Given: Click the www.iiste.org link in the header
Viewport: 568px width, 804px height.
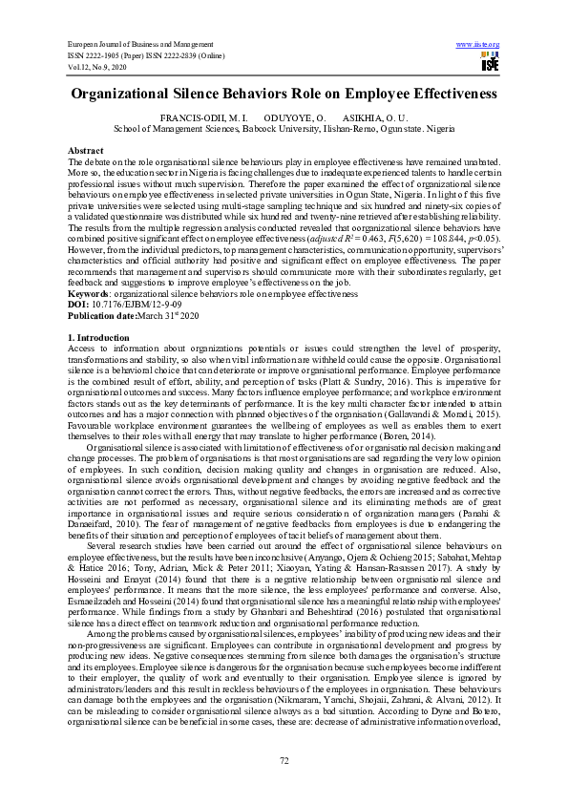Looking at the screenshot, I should click(478, 45).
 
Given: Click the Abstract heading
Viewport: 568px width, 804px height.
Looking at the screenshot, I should click(85, 152).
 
